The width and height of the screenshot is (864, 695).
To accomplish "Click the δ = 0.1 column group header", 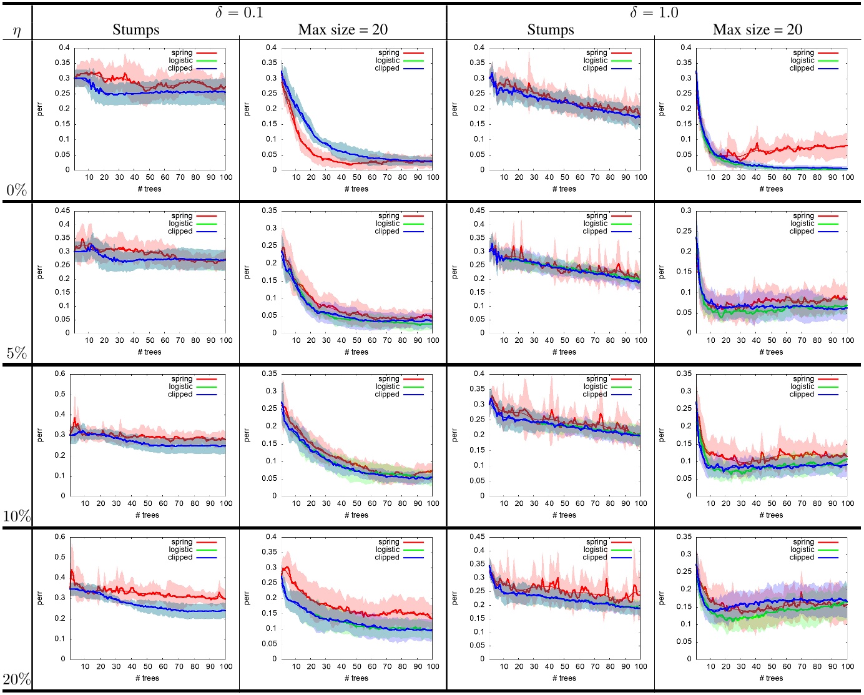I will (x=239, y=12).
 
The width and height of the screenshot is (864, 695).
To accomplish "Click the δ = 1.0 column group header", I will (x=654, y=12).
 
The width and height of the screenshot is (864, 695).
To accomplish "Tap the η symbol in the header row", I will (x=17, y=31).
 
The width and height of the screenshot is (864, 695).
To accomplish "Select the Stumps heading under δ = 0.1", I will (x=135, y=30).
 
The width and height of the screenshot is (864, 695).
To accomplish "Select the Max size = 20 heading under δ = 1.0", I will (x=757, y=30).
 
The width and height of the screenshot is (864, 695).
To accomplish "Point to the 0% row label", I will (x=17, y=190).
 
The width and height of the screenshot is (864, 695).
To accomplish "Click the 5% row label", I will (x=17, y=353).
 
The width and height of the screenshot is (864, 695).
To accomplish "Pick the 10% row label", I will (x=17, y=516).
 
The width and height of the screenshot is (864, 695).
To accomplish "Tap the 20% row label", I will (x=17, y=679).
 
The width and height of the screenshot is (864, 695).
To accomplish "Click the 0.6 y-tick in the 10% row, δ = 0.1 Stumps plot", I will (x=60, y=374).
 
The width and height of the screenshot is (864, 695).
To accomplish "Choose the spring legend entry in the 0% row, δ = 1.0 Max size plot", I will (x=803, y=53).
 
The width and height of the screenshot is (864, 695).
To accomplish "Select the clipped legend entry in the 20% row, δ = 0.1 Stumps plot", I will (x=180, y=558).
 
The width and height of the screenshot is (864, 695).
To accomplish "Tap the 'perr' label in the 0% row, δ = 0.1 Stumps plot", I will (x=41, y=109).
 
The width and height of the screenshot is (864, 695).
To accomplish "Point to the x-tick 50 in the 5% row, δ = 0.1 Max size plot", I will (x=356, y=340).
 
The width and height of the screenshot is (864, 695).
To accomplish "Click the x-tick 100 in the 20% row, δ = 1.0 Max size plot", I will (x=847, y=666).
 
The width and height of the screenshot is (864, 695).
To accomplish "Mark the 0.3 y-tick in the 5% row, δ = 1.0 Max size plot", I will (x=686, y=211).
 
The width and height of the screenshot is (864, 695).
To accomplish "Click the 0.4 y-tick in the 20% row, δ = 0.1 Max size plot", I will (x=271, y=537).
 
